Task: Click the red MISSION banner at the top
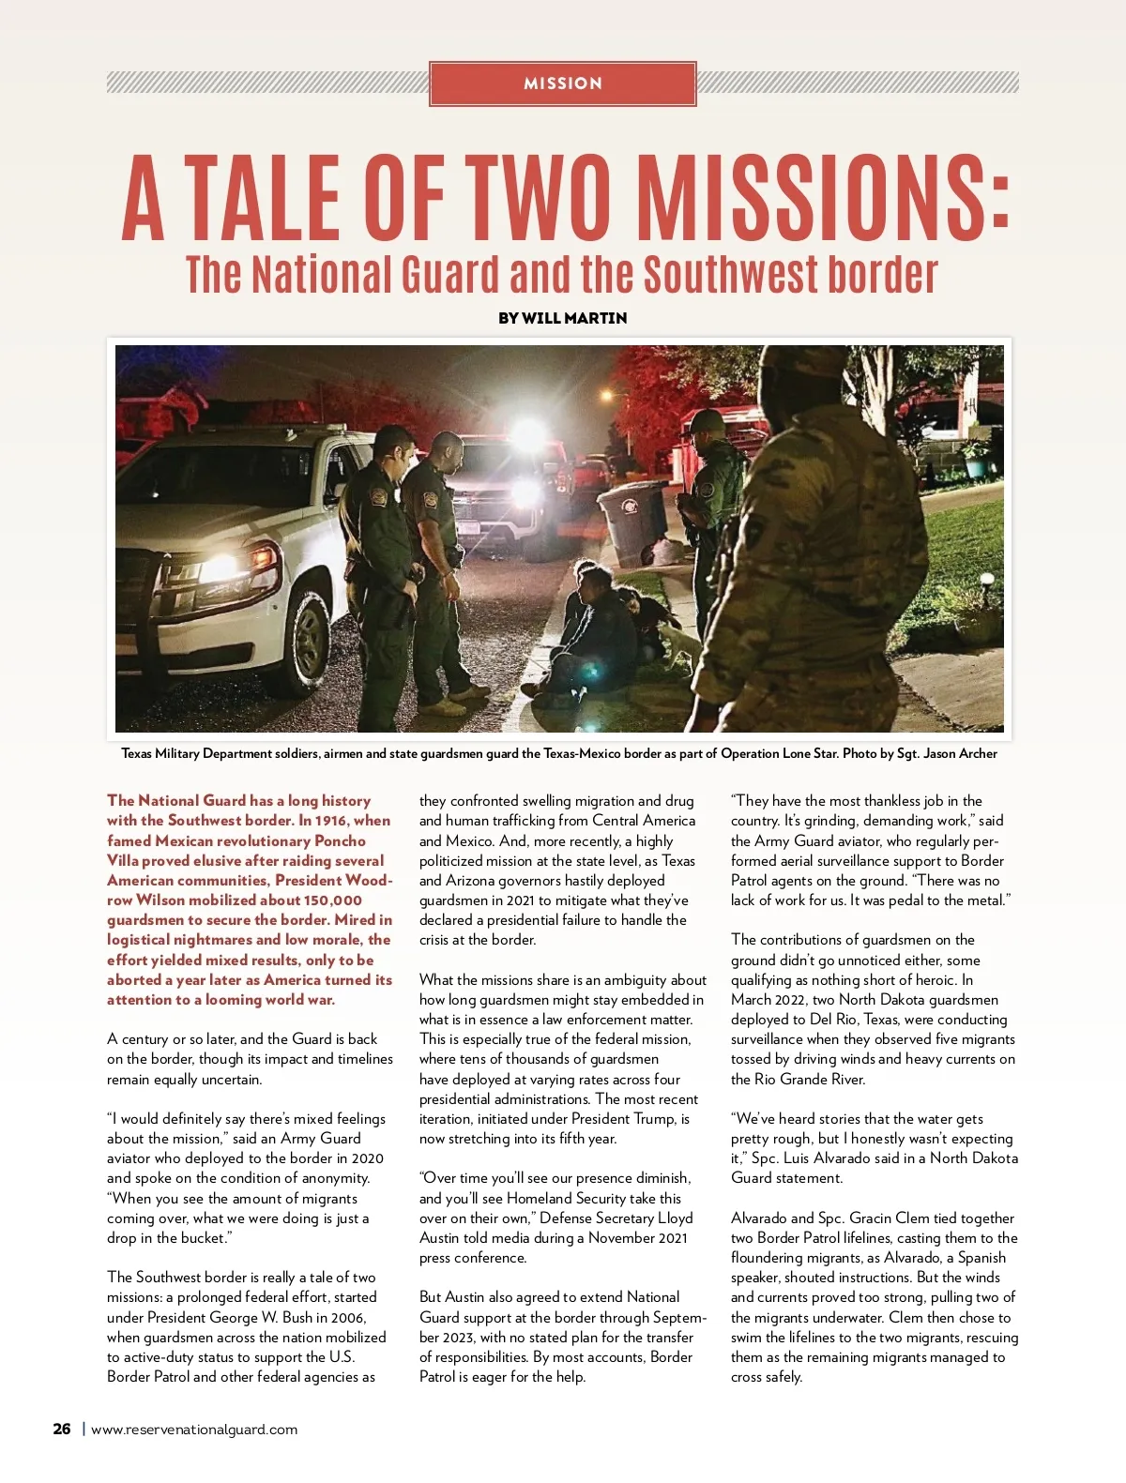coord(562,83)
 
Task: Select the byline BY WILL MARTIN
coord(562,318)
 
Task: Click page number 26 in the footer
coord(62,1430)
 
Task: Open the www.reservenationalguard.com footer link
coord(194,1430)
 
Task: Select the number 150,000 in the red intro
coord(332,900)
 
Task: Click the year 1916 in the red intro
coord(329,821)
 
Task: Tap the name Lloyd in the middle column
coord(676,1218)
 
